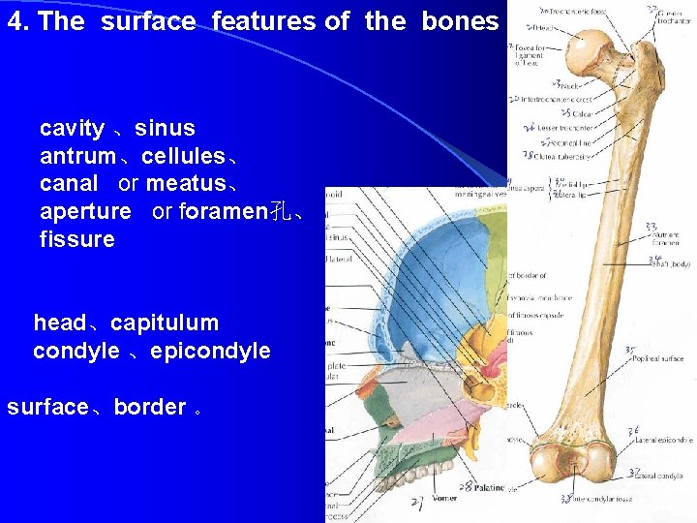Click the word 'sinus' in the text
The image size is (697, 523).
pos(165,128)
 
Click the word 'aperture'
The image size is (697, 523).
pos(85,211)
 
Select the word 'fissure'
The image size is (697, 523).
pos(77,238)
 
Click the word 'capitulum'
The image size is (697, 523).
pos(165,323)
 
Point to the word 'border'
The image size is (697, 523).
pos(149,407)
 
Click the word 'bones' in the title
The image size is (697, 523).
pos(460,21)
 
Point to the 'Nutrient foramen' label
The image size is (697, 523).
pos(665,234)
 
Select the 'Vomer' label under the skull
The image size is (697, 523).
pos(443,498)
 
